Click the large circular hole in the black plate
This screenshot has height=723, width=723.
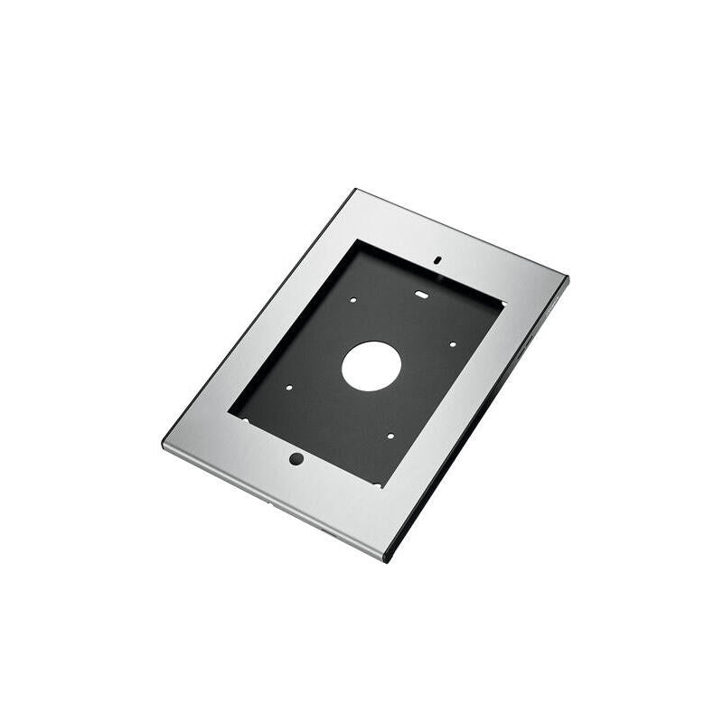pos(371,365)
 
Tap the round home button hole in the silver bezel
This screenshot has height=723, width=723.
pos(296,458)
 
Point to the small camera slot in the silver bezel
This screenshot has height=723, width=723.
pos(437,258)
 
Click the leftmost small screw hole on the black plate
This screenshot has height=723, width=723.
pos(288,389)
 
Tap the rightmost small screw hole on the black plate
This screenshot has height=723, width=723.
pos(451,343)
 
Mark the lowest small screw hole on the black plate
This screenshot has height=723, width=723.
pos(390,436)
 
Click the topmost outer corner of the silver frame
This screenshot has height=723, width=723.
pos(356,190)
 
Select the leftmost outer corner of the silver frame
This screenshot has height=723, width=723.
pos(164,445)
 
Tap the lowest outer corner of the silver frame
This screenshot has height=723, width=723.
pos(387,560)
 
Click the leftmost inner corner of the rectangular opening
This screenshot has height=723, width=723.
pos(230,416)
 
